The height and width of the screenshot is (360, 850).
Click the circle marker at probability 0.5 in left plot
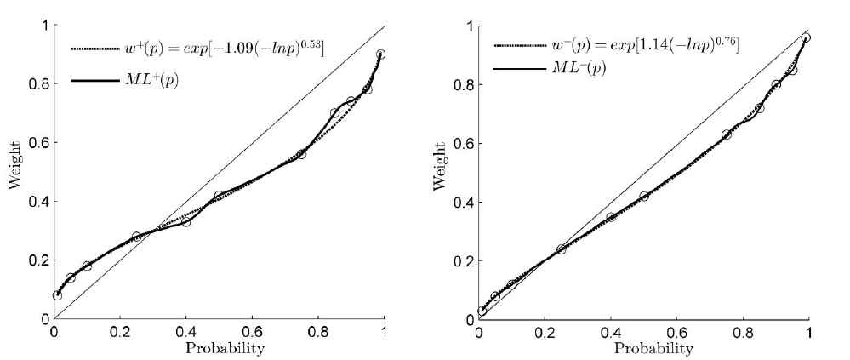coord(219,196)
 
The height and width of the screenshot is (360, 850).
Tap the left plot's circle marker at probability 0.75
coord(301,154)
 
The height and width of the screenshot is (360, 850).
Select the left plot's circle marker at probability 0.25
coord(136,237)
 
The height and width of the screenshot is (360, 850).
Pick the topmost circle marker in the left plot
coord(380,54)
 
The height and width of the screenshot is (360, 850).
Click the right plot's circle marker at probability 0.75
coord(727,134)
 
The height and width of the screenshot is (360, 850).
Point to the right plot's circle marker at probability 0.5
coord(644,196)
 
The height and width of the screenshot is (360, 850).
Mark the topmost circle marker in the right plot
coord(806,37)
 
